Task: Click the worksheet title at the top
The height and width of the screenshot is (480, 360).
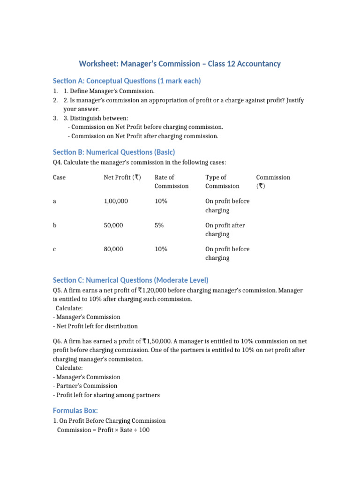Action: tap(180, 63)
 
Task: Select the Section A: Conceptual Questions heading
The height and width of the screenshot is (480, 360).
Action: tap(127, 81)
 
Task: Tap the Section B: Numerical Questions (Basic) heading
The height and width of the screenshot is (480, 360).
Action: tap(114, 152)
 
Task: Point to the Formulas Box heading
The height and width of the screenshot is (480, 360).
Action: tap(75, 410)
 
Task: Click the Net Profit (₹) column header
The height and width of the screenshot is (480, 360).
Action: tap(122, 177)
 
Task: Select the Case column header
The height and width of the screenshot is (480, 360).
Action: tap(59, 177)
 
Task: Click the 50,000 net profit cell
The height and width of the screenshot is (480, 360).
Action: tap(113, 225)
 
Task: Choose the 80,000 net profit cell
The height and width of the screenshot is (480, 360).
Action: tap(113, 249)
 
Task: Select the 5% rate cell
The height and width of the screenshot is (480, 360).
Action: tap(159, 225)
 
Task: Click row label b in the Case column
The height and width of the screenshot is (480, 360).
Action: tap(55, 225)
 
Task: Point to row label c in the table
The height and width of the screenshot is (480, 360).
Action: tap(55, 249)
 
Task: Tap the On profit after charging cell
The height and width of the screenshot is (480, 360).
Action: tap(225, 230)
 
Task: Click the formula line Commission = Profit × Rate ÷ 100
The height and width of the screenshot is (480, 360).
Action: tap(103, 430)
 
